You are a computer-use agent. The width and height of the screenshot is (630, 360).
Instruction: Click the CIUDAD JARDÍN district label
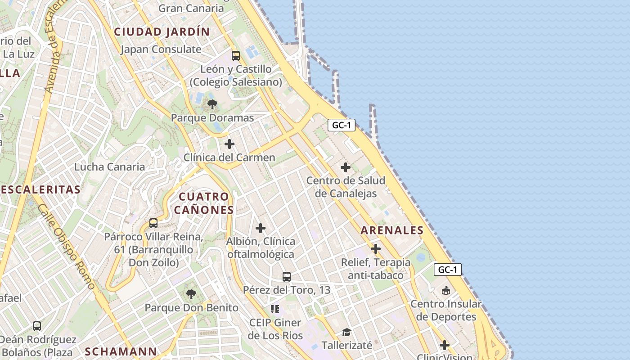click(x=162, y=32)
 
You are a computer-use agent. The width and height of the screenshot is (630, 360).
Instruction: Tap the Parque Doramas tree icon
click(x=212, y=105)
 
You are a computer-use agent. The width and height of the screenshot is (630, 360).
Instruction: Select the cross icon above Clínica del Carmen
click(x=229, y=144)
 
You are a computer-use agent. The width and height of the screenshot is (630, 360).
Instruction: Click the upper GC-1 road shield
click(x=342, y=125)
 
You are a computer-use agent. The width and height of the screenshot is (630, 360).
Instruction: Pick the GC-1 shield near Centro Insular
click(x=448, y=270)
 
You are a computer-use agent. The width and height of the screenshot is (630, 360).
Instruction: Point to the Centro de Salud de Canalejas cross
click(x=346, y=167)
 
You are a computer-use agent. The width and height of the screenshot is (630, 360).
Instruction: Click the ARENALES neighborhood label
click(x=392, y=230)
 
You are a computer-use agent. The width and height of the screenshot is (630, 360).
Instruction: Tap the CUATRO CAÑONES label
click(x=204, y=203)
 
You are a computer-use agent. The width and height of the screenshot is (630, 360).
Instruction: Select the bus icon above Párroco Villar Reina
click(x=153, y=223)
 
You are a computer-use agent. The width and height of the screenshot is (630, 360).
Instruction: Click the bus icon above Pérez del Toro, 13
click(x=287, y=277)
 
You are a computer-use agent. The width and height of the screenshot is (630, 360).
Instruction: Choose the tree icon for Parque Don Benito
click(x=191, y=294)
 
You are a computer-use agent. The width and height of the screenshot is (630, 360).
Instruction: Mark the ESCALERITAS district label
click(x=40, y=189)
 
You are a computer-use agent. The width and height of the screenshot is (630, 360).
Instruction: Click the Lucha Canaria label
click(x=110, y=167)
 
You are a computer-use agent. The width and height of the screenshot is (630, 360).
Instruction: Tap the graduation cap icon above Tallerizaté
click(x=346, y=332)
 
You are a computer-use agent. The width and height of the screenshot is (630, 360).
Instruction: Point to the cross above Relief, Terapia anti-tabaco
click(x=376, y=249)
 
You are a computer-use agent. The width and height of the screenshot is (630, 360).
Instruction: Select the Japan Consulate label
click(x=161, y=49)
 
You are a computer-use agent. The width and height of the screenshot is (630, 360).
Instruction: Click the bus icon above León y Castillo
click(x=236, y=56)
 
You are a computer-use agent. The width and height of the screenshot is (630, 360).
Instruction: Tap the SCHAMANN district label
click(x=121, y=351)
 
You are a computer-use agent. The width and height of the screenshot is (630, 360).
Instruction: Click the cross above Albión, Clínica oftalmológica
click(x=261, y=228)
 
